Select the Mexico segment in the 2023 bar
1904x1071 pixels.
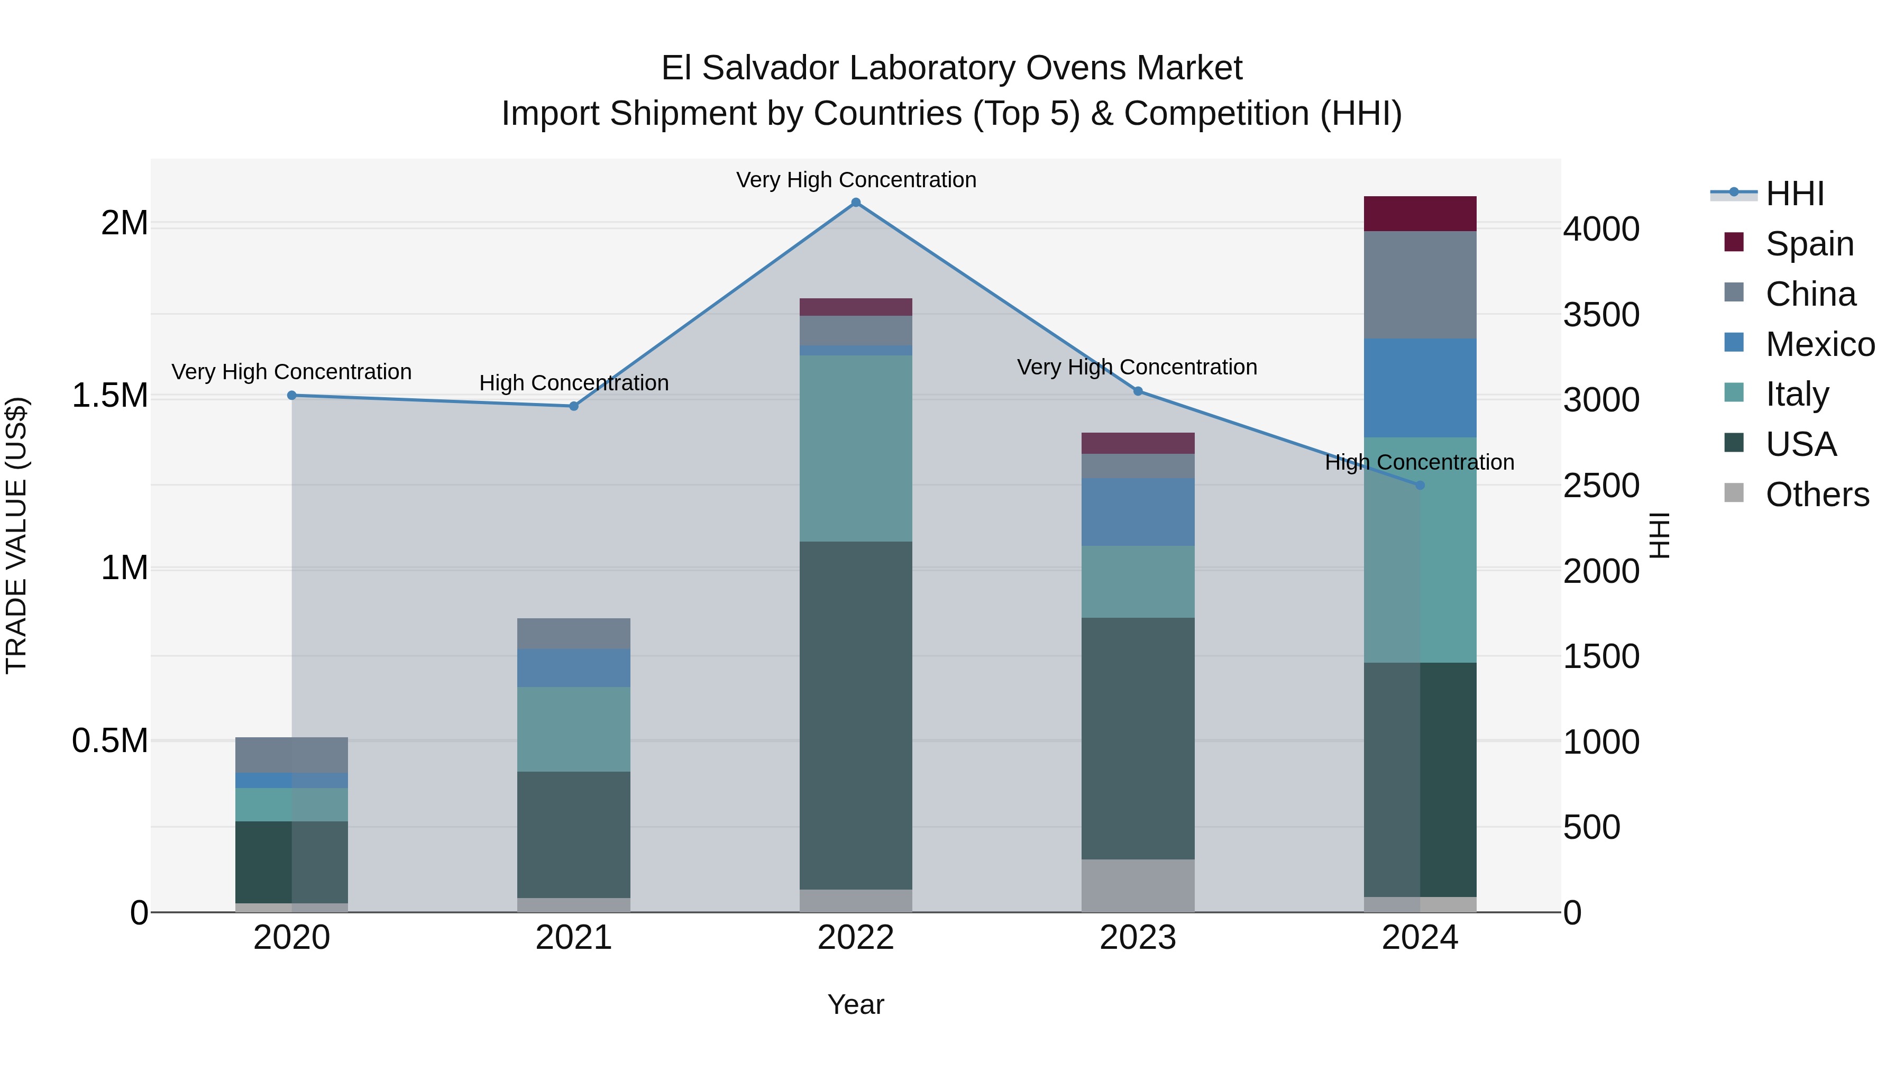tap(1138, 511)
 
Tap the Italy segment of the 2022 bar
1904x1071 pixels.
tap(856, 448)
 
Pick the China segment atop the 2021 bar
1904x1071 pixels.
tap(573, 634)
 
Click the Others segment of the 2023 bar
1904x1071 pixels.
tap(1138, 885)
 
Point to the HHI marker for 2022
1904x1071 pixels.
tap(856, 203)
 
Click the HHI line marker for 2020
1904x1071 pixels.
tap(292, 396)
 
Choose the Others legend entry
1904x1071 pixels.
tap(1817, 495)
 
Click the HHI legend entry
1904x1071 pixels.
tap(1795, 194)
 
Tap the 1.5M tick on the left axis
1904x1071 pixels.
tap(110, 396)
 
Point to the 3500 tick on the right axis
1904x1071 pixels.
tap(1601, 315)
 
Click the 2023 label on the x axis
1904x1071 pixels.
tap(1138, 938)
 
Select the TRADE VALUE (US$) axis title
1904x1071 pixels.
tap(17, 535)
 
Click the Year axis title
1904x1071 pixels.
tap(856, 1004)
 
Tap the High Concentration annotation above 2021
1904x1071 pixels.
tap(573, 383)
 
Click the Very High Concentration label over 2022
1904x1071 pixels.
tap(856, 180)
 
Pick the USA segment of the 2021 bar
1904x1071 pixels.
tap(573, 834)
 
